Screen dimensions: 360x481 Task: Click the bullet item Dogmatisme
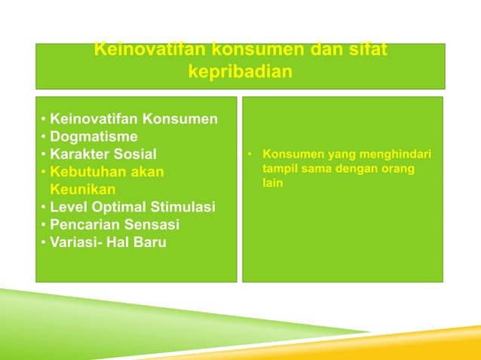(x=93, y=136)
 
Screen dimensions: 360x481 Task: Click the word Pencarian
(x=85, y=224)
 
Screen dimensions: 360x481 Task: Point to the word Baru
(x=149, y=243)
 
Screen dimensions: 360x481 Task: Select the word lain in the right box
(x=272, y=183)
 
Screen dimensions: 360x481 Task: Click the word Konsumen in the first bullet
(x=180, y=119)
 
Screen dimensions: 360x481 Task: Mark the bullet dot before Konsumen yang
(x=249, y=155)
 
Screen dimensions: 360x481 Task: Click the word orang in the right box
(x=398, y=169)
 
